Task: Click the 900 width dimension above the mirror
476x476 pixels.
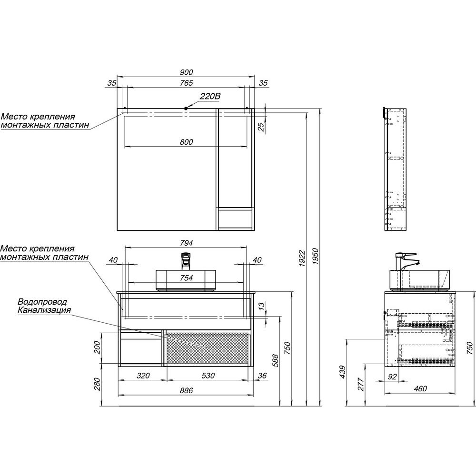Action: [187, 72]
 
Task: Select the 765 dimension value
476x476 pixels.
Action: [187, 83]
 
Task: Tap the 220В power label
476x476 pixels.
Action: [210, 96]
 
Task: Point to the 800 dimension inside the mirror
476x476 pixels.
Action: [187, 142]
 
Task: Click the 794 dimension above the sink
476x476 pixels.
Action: [187, 243]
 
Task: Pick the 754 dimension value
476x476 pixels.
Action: [187, 278]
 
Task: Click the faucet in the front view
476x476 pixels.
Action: [186, 261]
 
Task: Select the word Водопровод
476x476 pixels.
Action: [42, 302]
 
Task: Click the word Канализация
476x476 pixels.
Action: [44, 310]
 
